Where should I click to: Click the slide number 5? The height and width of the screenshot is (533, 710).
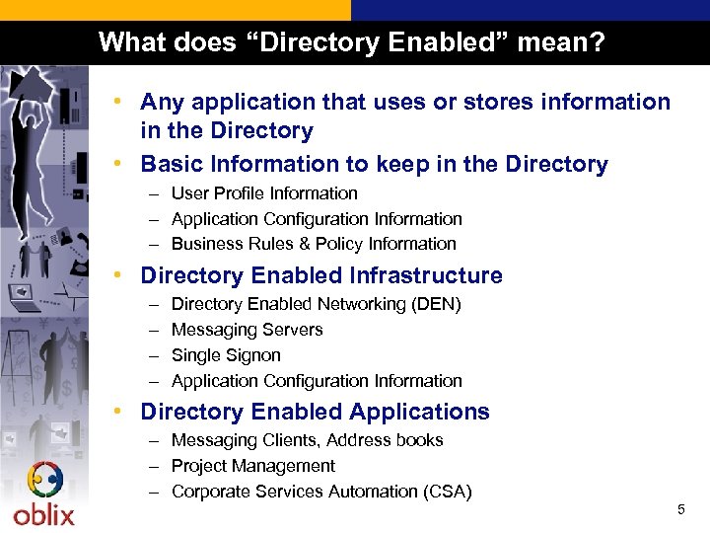point(680,509)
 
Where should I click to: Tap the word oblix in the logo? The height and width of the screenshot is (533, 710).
point(43,514)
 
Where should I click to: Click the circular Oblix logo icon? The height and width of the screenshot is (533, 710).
point(44,481)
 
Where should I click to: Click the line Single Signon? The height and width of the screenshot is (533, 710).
point(226,355)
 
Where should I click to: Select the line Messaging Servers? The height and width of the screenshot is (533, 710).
point(247,330)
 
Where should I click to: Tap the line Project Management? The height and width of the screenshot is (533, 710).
point(252,466)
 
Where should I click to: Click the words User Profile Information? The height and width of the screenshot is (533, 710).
point(264,193)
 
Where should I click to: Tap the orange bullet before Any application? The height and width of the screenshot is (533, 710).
point(117,102)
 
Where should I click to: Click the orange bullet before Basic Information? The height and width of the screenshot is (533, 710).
point(117,164)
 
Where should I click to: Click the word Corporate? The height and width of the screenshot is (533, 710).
point(209,492)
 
